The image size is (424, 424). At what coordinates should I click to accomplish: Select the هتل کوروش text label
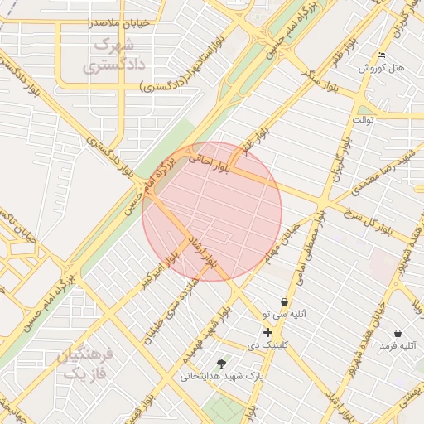click(381, 68)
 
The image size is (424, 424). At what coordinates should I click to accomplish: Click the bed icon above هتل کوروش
click(381, 55)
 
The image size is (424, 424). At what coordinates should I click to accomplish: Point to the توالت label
click(364, 119)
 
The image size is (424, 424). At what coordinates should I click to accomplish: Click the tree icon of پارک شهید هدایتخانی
click(220, 364)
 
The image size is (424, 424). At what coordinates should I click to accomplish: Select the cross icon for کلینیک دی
click(267, 332)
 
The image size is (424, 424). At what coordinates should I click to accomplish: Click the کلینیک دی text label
click(268, 344)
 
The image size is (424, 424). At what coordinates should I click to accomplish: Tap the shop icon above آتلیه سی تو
click(285, 301)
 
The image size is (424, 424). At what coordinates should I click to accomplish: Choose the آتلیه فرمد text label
click(396, 345)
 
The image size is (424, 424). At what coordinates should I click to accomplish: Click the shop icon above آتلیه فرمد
click(397, 333)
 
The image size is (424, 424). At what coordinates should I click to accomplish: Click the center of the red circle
click(212, 211)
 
